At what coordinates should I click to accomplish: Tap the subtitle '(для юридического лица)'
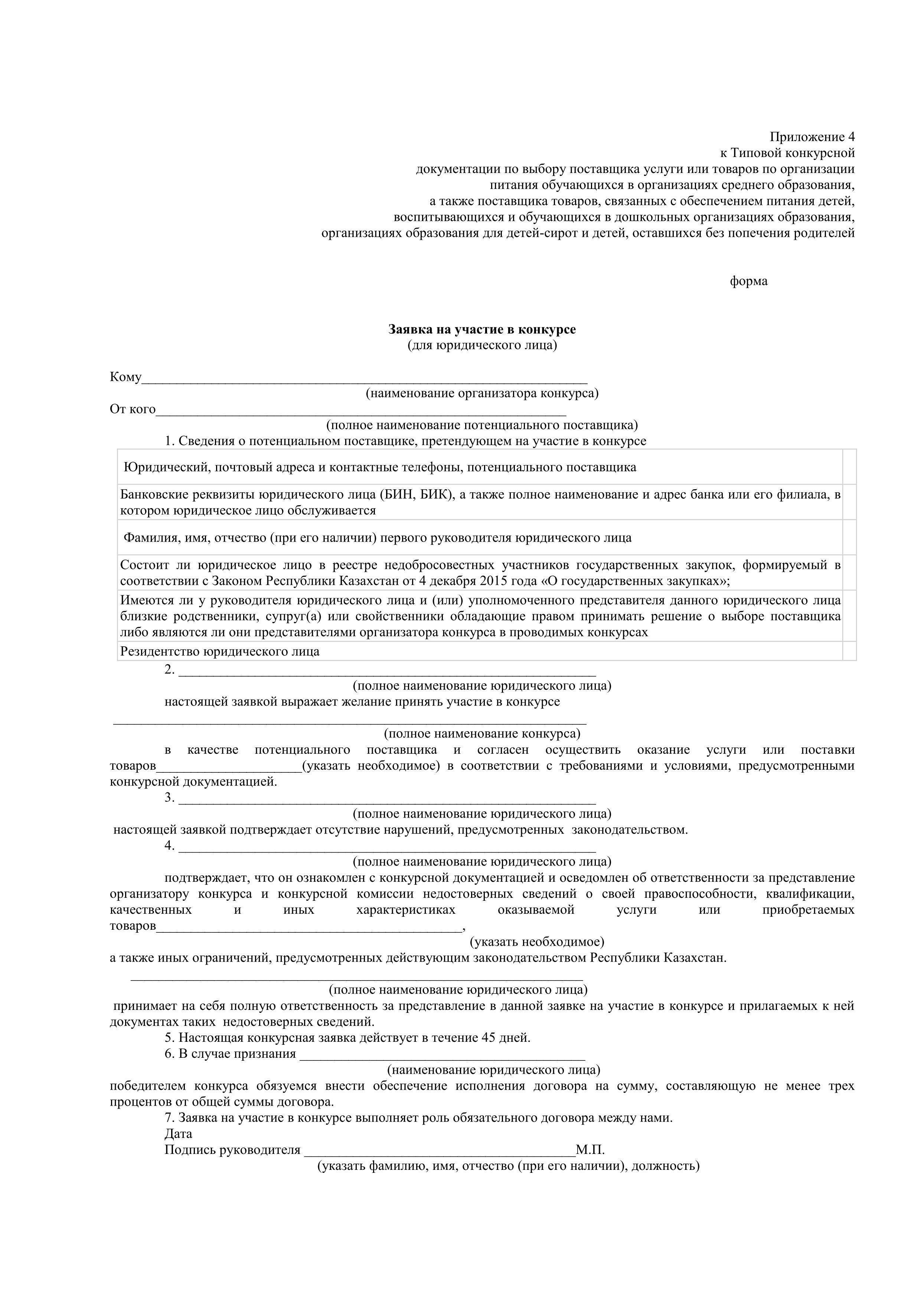point(482,345)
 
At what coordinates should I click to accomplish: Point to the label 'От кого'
point(133,409)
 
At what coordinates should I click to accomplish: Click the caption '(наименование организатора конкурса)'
point(482,393)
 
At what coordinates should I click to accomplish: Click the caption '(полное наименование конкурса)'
point(482,734)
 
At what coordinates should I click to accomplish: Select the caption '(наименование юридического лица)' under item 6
point(493,1070)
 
